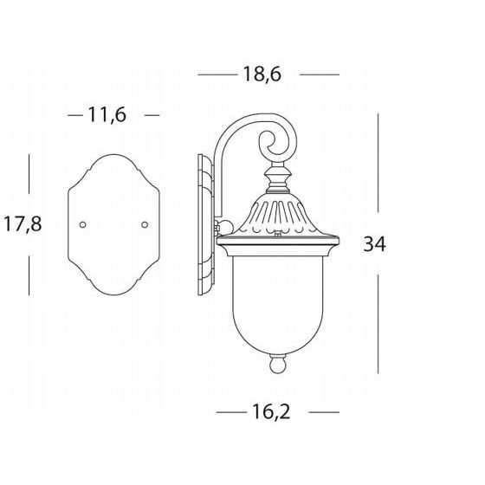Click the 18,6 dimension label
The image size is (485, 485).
(262, 74)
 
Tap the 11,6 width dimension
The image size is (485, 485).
(107, 115)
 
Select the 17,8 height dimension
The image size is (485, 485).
(23, 224)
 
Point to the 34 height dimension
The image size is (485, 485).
(374, 243)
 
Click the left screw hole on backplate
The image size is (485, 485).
(82, 225)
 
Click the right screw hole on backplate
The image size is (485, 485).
(145, 225)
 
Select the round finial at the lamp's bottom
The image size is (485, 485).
(277, 364)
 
